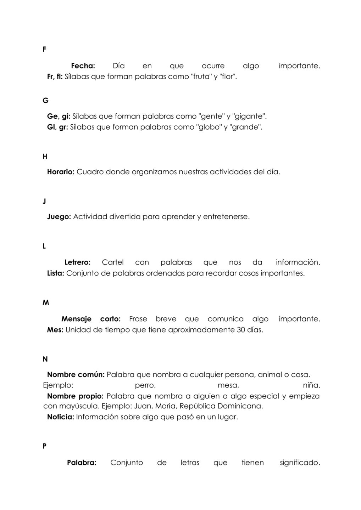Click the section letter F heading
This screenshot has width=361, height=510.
(44, 50)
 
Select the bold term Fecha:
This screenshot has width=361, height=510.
(83, 66)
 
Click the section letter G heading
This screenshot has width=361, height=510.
(45, 101)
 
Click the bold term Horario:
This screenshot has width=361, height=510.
(61, 172)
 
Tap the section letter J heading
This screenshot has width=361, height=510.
(44, 202)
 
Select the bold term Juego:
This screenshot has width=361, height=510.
(59, 217)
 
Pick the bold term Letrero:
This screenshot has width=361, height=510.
(77, 262)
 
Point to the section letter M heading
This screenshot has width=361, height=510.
(46, 303)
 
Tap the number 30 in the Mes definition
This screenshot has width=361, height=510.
(241, 330)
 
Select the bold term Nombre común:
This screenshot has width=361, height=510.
(76, 375)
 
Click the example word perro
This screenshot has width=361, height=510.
(145, 385)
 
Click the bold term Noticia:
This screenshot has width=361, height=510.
(61, 417)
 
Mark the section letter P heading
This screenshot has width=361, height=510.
(44, 446)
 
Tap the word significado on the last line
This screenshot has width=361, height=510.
(300, 463)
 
